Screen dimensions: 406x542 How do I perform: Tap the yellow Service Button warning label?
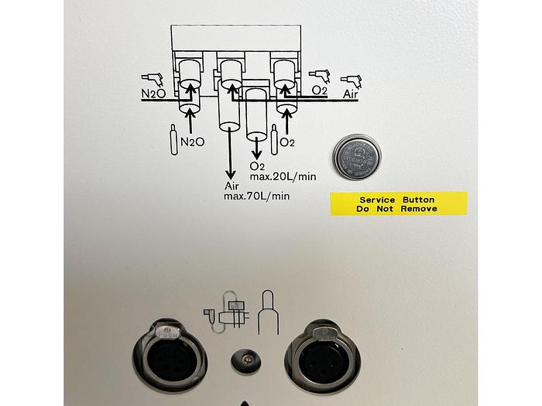point(398,203)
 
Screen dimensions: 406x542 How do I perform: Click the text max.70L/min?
point(256,196)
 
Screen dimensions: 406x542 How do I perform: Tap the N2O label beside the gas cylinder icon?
point(192,142)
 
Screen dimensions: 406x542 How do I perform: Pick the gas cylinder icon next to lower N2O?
point(172,140)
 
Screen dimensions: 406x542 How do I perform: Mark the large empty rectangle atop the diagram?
point(235,37)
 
